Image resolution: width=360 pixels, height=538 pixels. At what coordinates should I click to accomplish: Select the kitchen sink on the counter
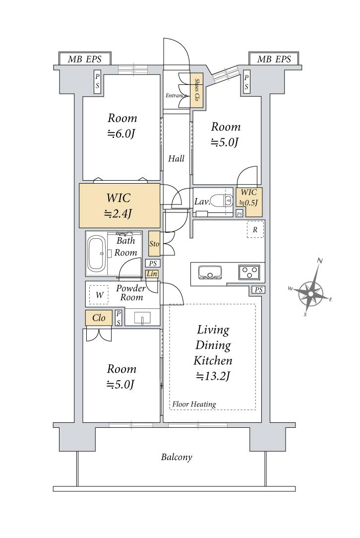tap(209, 272)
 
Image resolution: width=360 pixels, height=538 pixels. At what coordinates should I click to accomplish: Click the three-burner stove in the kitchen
tap(249, 272)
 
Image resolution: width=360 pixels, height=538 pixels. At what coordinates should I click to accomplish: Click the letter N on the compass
tap(319, 261)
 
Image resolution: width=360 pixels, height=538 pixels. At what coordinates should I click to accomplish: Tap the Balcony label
tap(177, 457)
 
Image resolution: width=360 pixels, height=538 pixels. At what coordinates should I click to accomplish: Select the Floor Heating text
tap(194, 404)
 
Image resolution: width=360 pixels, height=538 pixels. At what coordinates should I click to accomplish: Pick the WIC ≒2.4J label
tap(119, 205)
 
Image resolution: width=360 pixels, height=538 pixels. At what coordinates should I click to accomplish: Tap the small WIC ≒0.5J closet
tap(249, 202)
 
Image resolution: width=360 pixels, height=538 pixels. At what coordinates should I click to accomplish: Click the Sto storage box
tap(154, 244)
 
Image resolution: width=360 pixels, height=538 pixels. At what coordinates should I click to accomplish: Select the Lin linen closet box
tap(152, 274)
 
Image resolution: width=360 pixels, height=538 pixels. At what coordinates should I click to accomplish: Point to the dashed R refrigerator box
tap(255, 229)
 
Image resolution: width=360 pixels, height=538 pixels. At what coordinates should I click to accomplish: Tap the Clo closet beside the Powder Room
tap(99, 318)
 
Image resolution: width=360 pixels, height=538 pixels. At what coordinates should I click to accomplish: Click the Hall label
tap(176, 158)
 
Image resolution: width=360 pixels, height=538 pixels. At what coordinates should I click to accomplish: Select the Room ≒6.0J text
tap(122, 126)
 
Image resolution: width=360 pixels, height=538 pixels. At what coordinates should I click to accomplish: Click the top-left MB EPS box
tap(85, 59)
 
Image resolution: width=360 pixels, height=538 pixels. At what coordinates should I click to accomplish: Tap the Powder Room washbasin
tap(142, 318)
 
